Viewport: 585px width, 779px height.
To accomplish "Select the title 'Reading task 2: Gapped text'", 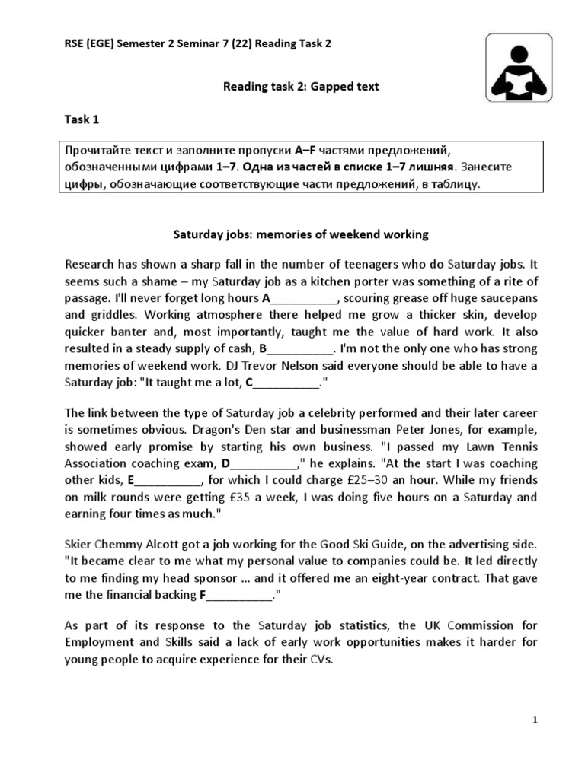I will [300, 87].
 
